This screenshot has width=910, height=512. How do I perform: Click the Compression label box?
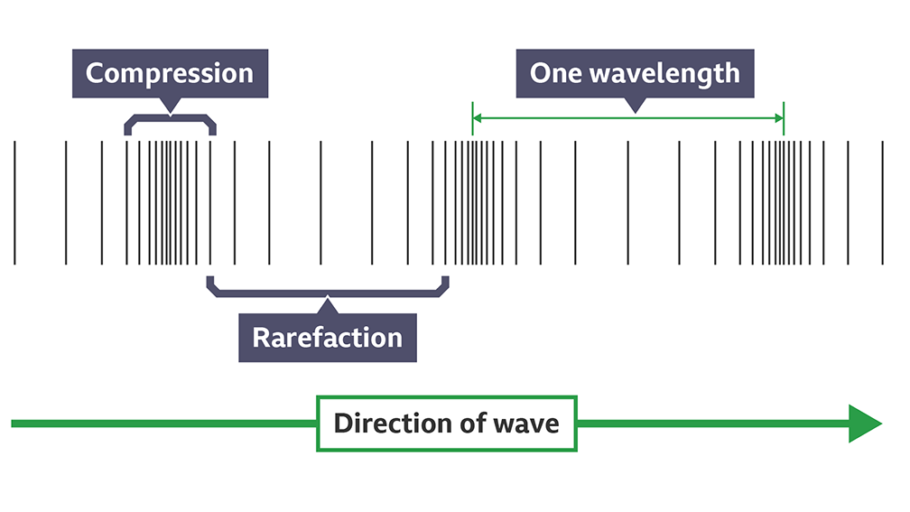point(170,73)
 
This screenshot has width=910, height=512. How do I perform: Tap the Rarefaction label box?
point(327,338)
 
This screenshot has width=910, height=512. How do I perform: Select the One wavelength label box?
point(635,73)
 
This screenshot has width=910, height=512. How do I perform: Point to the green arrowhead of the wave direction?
point(864,424)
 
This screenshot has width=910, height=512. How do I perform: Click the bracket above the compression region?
point(170,119)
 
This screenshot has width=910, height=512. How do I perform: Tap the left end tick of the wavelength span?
point(472,118)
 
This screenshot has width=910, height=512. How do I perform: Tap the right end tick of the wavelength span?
point(784,118)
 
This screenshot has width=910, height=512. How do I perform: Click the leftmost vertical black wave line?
point(14,202)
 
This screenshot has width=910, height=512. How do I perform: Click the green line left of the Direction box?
point(162,424)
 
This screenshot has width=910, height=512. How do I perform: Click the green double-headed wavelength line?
point(560,118)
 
